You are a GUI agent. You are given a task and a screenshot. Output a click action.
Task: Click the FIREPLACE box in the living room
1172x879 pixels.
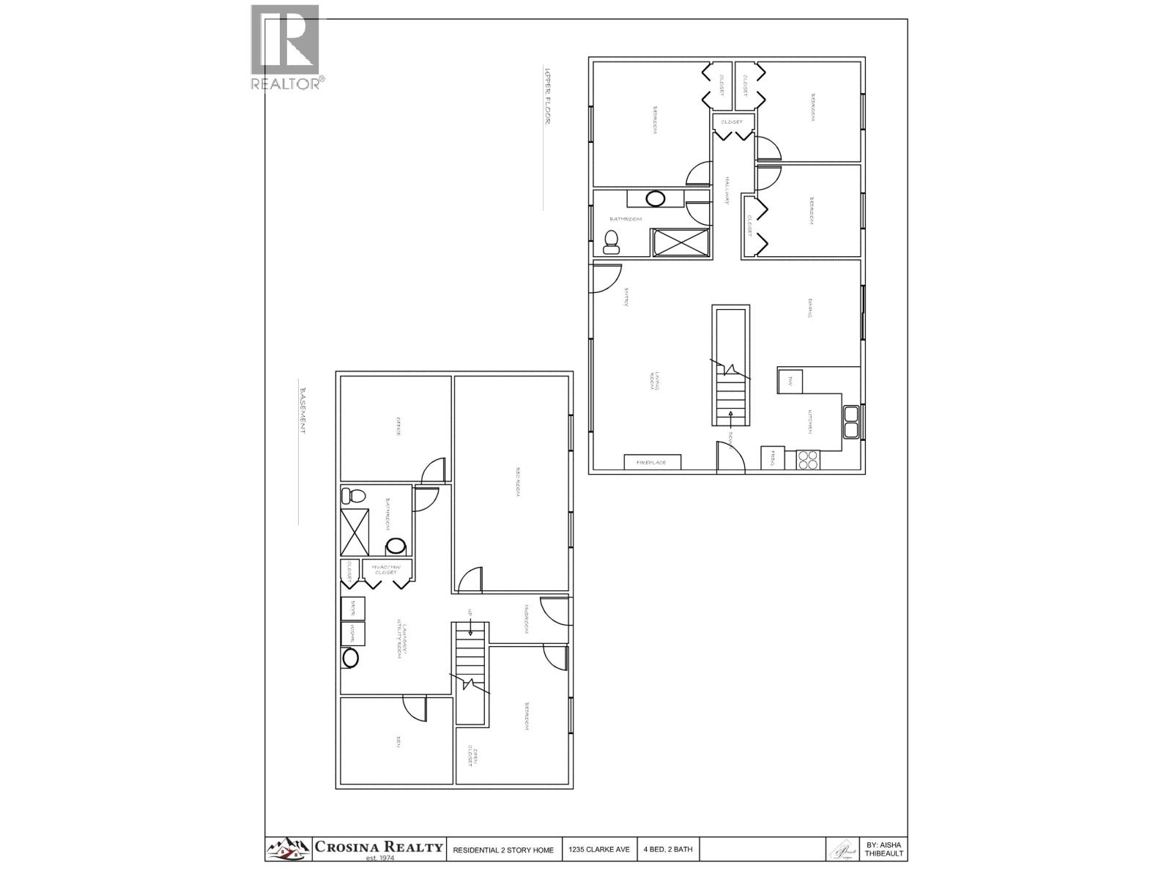pyautogui.click(x=652, y=462)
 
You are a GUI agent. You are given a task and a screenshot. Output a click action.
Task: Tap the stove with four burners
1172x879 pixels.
pyautogui.click(x=809, y=459)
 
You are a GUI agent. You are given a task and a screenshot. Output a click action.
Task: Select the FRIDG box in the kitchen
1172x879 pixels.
pyautogui.click(x=773, y=458)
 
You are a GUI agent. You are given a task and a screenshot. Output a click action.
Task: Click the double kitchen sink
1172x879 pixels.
pyautogui.click(x=852, y=422)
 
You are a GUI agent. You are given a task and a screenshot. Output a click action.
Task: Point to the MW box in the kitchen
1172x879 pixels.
pyautogui.click(x=790, y=382)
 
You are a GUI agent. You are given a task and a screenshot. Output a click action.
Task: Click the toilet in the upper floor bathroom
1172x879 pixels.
pyautogui.click(x=610, y=241)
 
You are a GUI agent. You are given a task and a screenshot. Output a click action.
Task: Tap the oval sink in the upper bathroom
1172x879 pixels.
pyautogui.click(x=655, y=198)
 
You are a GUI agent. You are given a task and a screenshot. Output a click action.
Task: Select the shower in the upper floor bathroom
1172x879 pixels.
pyautogui.click(x=681, y=242)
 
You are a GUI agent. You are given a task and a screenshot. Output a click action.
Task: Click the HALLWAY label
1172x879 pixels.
pyautogui.click(x=727, y=191)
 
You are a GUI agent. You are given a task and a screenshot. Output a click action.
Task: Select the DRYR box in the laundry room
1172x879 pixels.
pyautogui.click(x=353, y=608)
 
